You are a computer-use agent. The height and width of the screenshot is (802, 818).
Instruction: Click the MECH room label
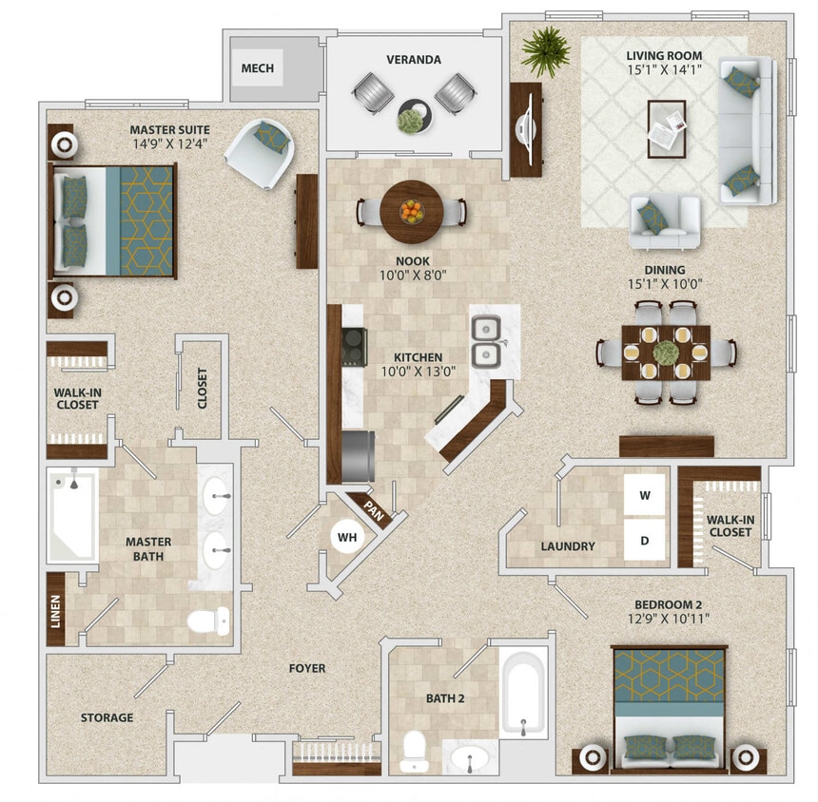point(258,68)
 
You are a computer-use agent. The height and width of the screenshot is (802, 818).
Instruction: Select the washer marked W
point(644,495)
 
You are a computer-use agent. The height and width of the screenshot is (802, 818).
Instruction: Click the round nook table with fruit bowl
point(410,208)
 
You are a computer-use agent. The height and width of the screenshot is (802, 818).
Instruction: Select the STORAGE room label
point(107,717)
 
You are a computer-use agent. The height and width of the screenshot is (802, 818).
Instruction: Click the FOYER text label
point(307,669)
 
